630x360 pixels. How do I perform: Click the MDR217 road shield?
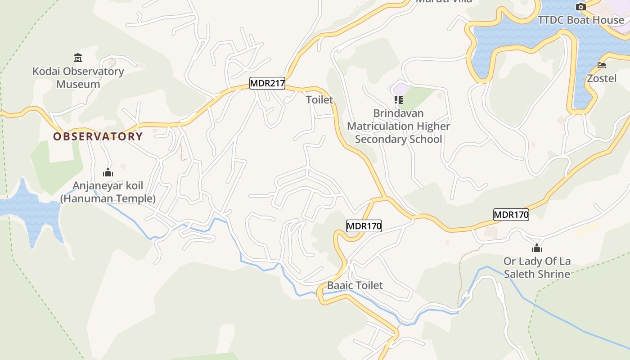[267, 83]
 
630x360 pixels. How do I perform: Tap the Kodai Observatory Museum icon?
[78, 58]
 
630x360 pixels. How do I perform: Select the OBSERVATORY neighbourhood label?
[98, 136]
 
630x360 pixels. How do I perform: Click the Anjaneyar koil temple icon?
[108, 172]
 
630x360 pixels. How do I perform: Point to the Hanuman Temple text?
[108, 198]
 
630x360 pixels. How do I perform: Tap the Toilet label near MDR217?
[319, 100]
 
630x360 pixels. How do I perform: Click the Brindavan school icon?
[398, 100]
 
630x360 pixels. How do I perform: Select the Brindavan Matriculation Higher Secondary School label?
[398, 126]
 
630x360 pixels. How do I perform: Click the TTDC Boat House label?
[581, 20]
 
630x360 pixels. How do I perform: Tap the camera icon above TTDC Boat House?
[581, 7]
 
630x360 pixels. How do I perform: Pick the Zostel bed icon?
[602, 65]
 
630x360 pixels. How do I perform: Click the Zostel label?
[602, 78]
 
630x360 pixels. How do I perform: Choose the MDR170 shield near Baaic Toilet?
[364, 225]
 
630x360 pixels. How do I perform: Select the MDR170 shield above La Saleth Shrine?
[511, 215]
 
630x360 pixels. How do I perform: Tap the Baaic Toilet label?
[355, 285]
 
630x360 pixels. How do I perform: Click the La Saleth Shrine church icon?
[536, 248]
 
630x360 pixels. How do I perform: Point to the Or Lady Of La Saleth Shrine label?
[537, 267]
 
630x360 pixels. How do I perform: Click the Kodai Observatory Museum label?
[78, 77]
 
